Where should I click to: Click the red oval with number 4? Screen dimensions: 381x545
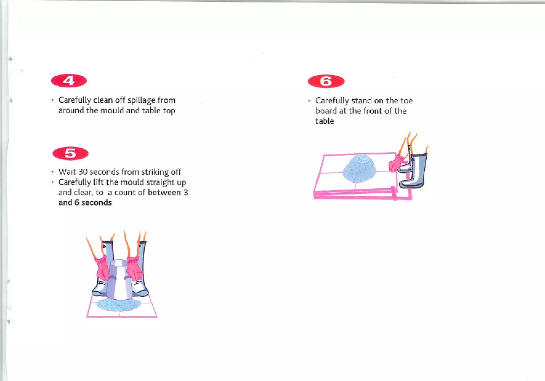(69, 81)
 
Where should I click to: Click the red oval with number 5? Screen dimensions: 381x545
(70, 154)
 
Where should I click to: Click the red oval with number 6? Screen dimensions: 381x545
(326, 81)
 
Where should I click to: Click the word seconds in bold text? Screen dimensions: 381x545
(96, 203)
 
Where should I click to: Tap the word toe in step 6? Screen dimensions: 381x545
(406, 101)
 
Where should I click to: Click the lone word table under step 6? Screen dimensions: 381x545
(324, 121)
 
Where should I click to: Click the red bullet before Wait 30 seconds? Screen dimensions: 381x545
(53, 172)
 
